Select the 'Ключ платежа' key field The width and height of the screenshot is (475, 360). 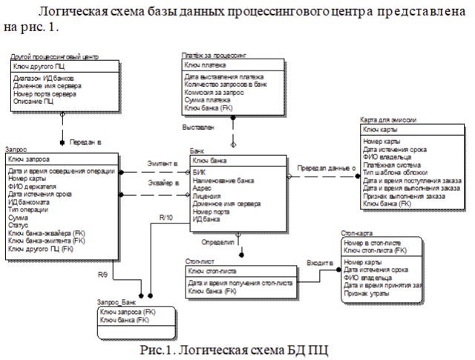point(206,65)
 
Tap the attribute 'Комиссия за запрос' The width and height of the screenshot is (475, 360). point(214,92)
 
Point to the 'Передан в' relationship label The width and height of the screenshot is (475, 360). point(85,140)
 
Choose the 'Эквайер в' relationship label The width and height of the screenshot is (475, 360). point(163,180)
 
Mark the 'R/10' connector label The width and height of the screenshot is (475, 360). point(167,217)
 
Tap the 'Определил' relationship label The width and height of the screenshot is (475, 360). point(217,242)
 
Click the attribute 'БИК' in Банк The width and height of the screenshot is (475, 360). point(197,171)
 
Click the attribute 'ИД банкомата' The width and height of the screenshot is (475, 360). point(29,201)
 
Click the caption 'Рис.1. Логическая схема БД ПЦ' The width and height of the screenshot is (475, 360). point(237,349)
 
